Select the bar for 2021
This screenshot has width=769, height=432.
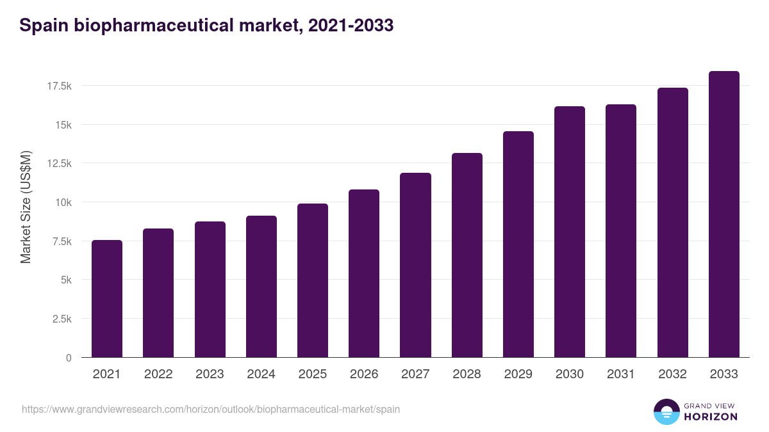pyautogui.click(x=107, y=299)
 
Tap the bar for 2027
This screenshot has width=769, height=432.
pyautogui.click(x=415, y=265)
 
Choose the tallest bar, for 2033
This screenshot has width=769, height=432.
pyautogui.click(x=724, y=214)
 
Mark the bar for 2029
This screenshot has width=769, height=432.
pyautogui.click(x=518, y=244)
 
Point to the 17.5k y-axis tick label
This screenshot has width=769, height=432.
pyautogui.click(x=58, y=86)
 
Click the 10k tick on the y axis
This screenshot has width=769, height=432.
pyautogui.click(x=63, y=202)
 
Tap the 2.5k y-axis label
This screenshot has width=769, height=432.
pyautogui.click(x=61, y=319)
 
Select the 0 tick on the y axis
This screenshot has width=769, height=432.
pyautogui.click(x=68, y=358)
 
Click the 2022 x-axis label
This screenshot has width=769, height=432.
pyautogui.click(x=158, y=374)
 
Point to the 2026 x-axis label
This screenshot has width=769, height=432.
pyautogui.click(x=364, y=374)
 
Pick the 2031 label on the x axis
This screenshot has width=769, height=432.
pyautogui.click(x=621, y=374)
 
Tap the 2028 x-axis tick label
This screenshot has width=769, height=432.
pyautogui.click(x=467, y=374)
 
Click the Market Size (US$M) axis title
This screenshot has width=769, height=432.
pyautogui.click(x=26, y=207)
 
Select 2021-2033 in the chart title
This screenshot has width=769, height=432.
pyautogui.click(x=351, y=26)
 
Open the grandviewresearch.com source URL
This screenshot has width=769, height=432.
pyautogui.click(x=211, y=409)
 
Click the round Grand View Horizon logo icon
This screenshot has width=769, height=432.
pyautogui.click(x=666, y=412)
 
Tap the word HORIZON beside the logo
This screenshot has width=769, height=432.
pyautogui.click(x=711, y=417)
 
